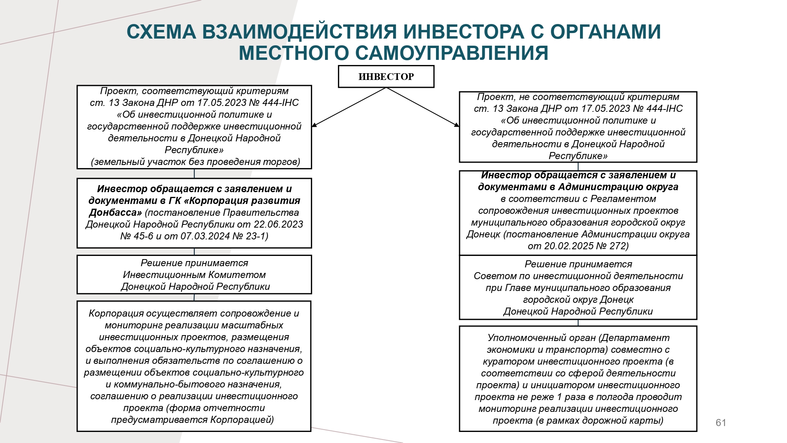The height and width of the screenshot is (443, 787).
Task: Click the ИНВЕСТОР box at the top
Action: coord(386,76)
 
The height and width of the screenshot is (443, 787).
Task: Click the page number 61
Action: coord(721,423)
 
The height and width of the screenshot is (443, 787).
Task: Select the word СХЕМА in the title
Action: coord(161,32)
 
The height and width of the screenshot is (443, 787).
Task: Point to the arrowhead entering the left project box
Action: coord(314,125)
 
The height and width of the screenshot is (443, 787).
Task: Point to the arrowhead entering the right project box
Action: coord(456,125)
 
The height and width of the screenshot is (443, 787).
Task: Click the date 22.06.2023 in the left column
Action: coord(278,224)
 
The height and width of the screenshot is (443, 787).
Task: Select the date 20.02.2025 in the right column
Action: coord(569,246)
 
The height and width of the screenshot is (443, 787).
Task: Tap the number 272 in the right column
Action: coord(619,246)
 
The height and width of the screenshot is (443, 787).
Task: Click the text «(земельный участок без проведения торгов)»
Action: coord(195,162)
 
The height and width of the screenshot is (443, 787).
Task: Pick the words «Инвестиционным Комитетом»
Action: coord(194,274)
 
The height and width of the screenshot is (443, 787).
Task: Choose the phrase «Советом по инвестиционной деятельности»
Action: coord(578,276)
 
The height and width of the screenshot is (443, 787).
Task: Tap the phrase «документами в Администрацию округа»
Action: coord(578,187)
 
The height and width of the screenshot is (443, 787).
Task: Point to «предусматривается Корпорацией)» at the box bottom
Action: coord(192,419)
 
